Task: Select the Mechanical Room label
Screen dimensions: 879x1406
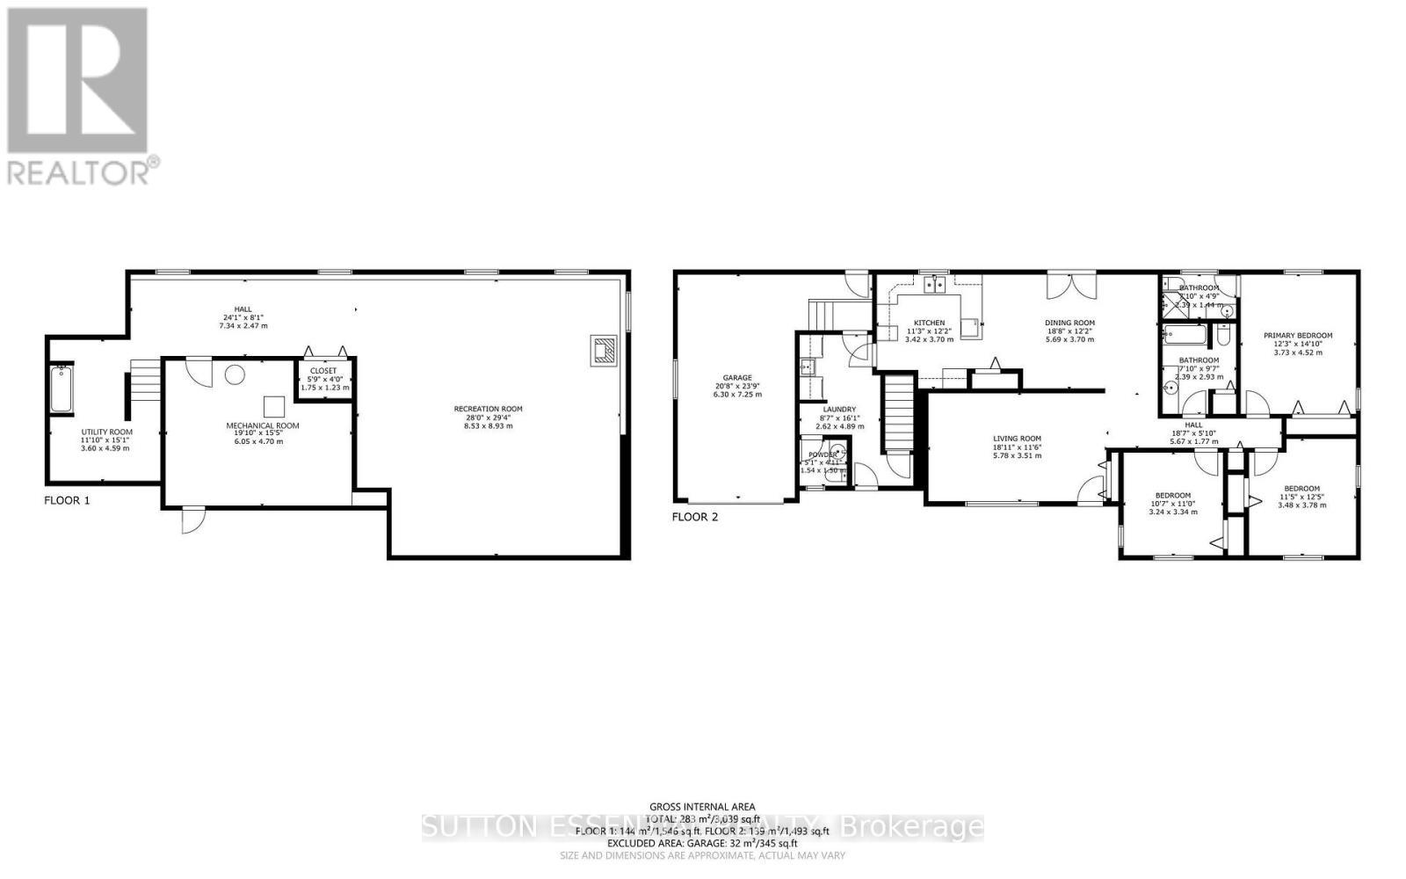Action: click(x=263, y=425)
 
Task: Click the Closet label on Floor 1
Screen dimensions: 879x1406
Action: click(x=323, y=371)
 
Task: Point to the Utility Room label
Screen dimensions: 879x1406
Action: click(x=106, y=432)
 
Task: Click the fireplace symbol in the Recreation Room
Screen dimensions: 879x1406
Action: click(x=604, y=350)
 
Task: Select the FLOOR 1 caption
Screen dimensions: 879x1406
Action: click(x=67, y=500)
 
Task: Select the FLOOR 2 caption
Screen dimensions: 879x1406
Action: click(x=695, y=517)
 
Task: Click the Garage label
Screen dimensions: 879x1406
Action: click(x=736, y=378)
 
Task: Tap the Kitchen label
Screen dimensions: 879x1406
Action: click(x=929, y=323)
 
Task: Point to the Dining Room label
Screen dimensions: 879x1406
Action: click(x=1069, y=323)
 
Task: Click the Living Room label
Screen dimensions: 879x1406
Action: click(x=1017, y=439)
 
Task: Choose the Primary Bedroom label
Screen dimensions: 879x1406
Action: click(x=1298, y=335)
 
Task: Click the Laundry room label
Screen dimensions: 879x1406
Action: click(x=839, y=409)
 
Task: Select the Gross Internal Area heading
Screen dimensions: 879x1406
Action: click(x=702, y=806)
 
